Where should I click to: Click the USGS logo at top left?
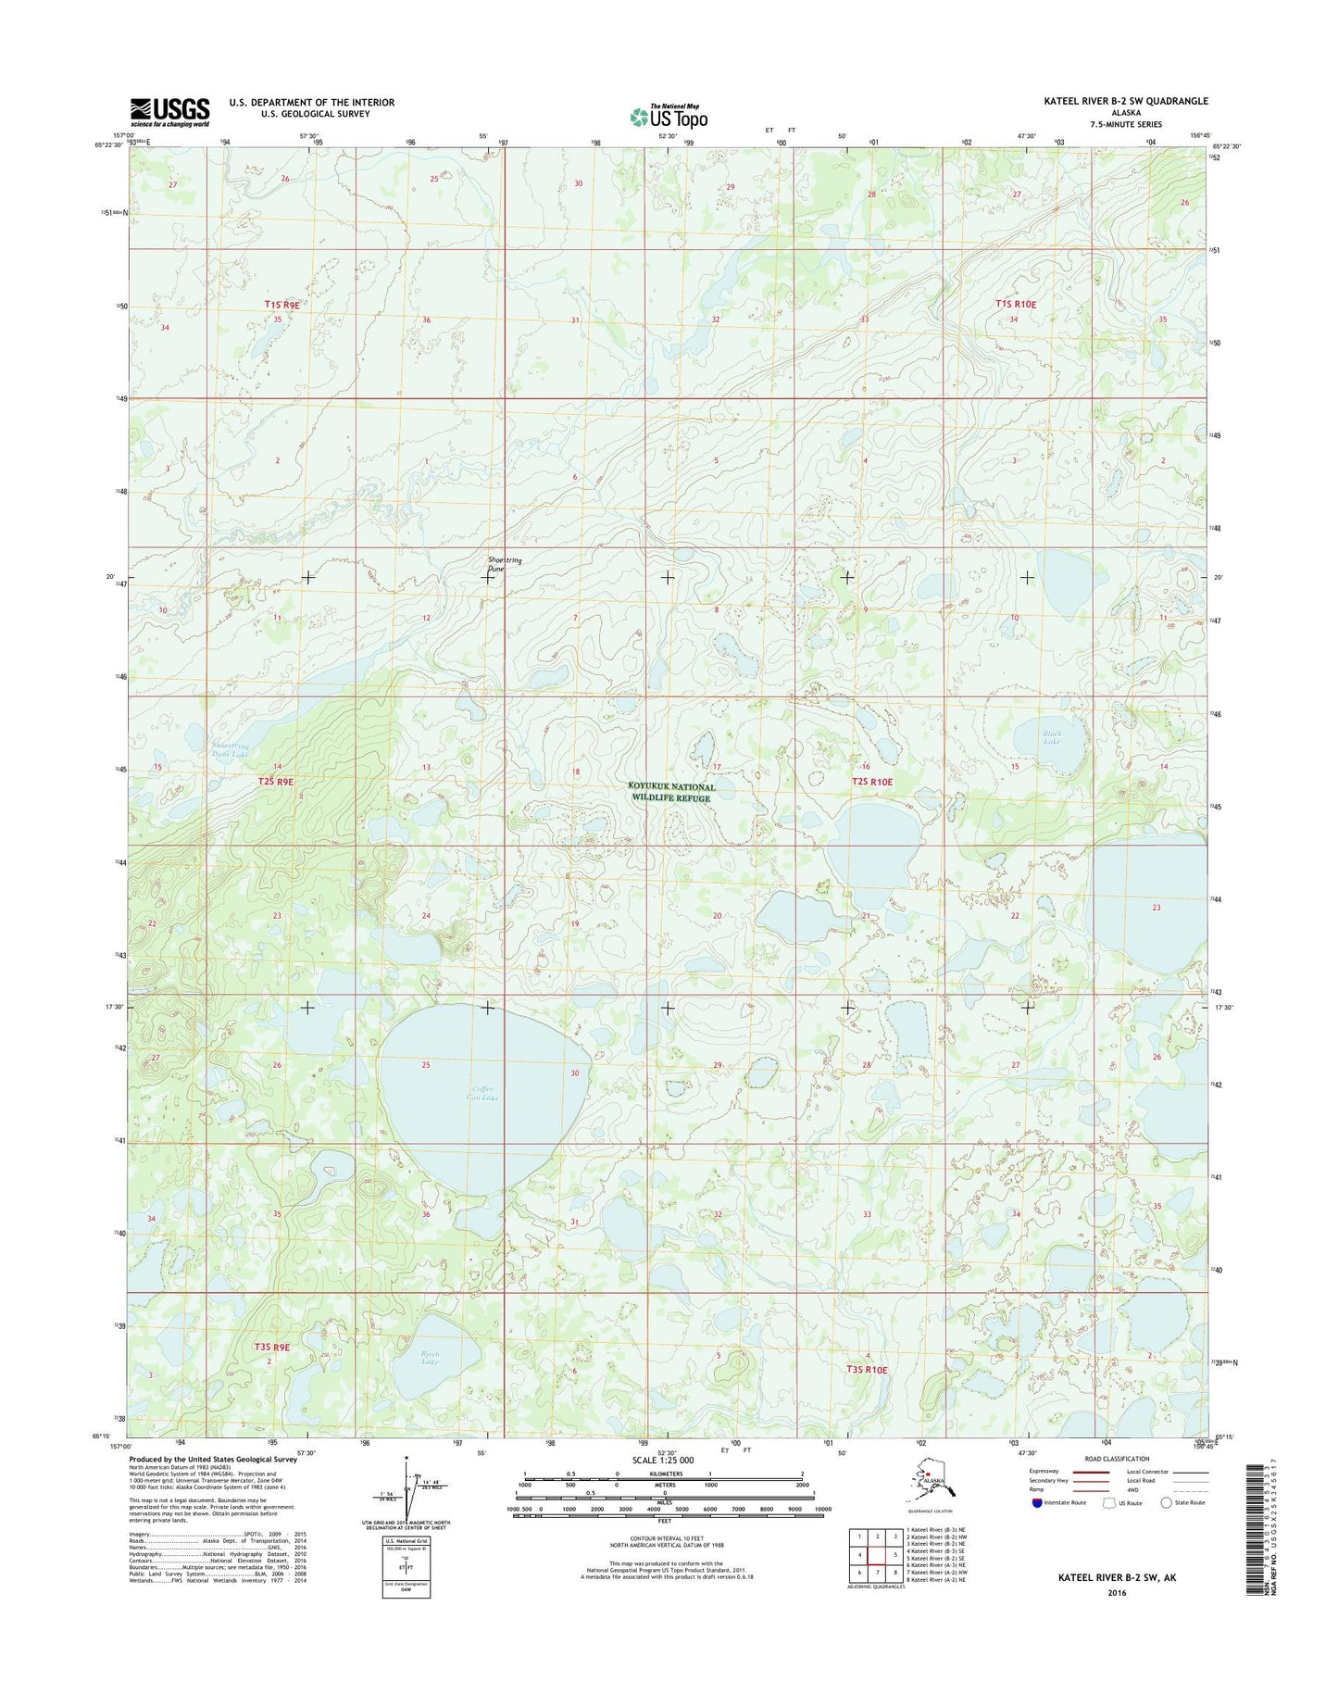(169, 111)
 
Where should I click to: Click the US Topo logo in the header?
(669, 117)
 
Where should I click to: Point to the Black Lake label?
(1051, 737)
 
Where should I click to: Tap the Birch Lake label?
(429, 1358)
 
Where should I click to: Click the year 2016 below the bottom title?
(1116, 1593)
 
